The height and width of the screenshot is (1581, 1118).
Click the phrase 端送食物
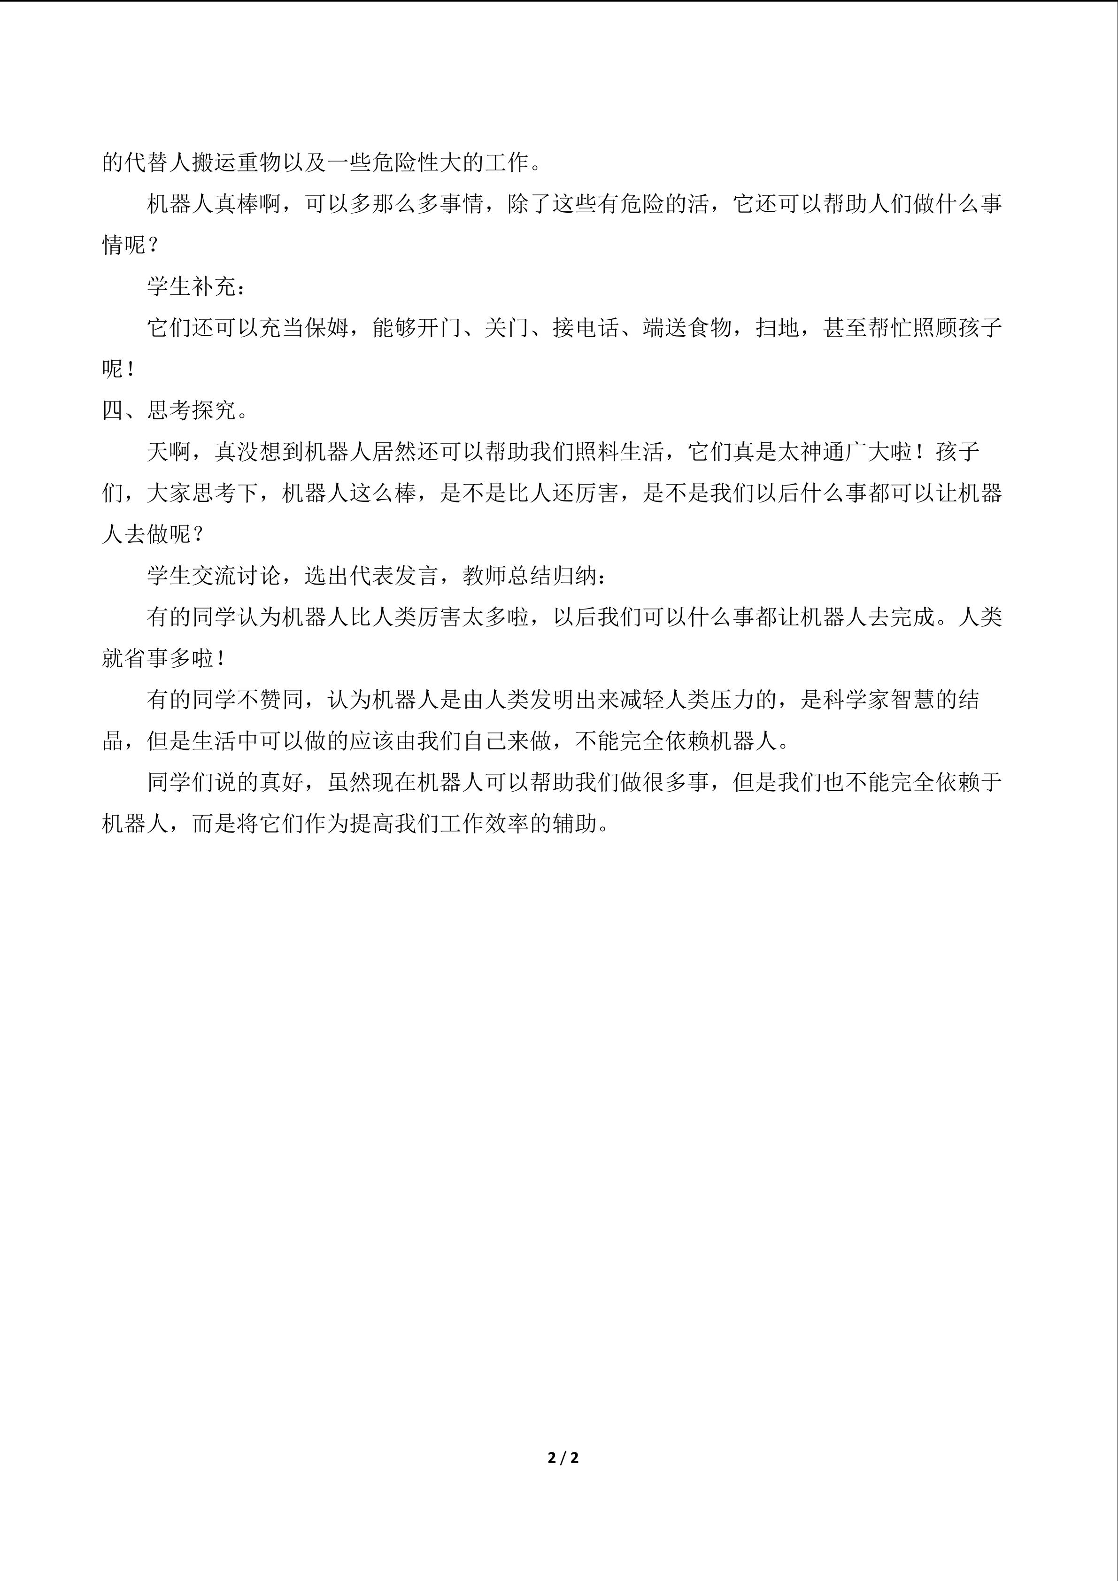(x=687, y=328)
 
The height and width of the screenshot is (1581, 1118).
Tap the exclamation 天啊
(x=170, y=452)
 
